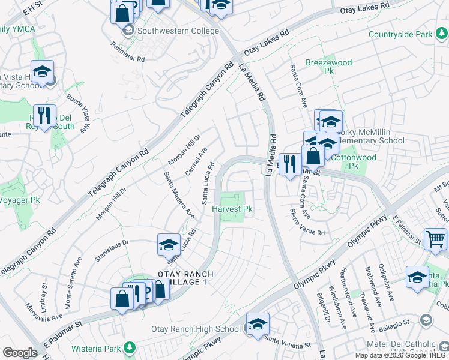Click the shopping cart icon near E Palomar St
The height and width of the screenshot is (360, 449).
coord(435,238)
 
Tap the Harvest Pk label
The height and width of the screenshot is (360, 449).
coord(232,209)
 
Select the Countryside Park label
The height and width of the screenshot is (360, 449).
coord(400,35)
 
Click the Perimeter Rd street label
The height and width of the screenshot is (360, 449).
coord(128,52)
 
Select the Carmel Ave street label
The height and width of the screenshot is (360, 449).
coord(196,161)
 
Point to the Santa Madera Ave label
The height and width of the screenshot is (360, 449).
coord(179,194)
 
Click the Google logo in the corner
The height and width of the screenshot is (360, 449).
coord(20,353)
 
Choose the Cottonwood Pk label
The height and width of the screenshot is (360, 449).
coord(354,161)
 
